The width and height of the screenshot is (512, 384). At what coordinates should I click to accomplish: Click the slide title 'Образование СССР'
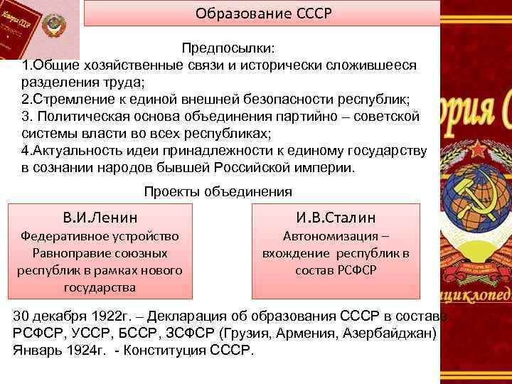263,14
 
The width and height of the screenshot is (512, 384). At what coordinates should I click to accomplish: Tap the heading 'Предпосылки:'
230,48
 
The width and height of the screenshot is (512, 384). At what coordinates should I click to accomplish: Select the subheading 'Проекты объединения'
218,191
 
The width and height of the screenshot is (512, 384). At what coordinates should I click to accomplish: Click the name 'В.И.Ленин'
100,217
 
